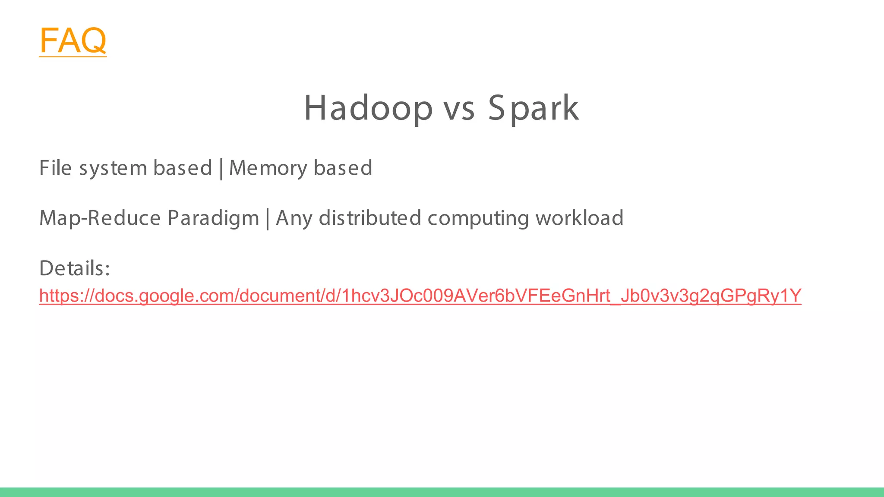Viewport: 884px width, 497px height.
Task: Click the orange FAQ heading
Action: (x=73, y=40)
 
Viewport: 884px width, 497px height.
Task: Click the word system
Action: (x=113, y=168)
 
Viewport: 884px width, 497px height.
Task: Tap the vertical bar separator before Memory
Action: (x=221, y=168)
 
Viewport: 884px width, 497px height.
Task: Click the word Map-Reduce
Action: (x=100, y=218)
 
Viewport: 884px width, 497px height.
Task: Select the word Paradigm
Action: (x=213, y=218)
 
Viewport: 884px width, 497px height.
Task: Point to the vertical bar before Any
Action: (x=268, y=218)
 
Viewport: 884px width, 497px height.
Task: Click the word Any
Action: (x=294, y=218)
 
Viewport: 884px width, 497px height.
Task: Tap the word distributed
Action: (x=370, y=218)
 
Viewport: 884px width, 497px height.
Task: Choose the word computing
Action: (x=478, y=218)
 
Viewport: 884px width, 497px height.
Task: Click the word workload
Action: (x=579, y=218)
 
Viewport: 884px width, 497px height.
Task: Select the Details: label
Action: (x=75, y=268)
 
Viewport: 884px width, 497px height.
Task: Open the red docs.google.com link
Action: (x=420, y=296)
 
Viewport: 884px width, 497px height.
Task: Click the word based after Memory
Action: (x=343, y=168)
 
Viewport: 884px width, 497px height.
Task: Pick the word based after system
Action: (x=183, y=168)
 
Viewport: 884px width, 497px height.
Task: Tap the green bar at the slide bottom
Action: (x=442, y=492)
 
